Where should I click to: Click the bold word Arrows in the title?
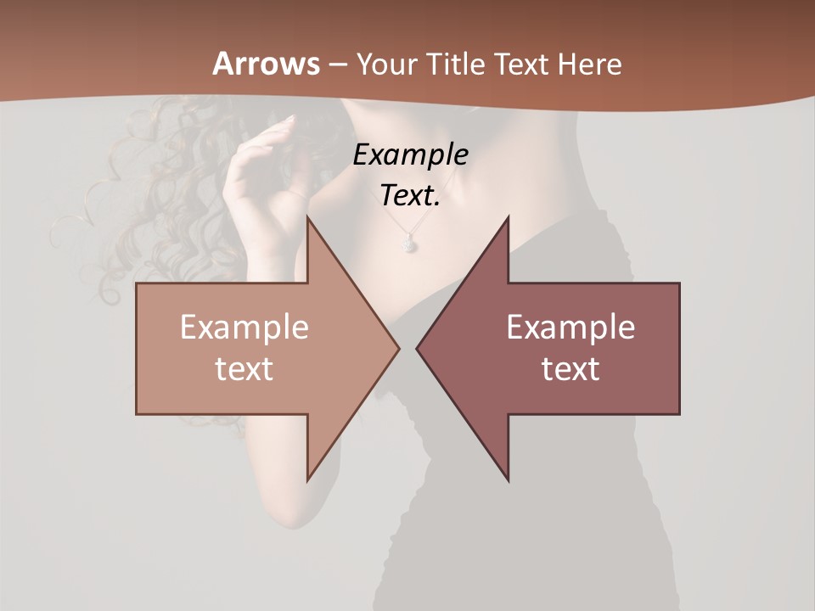pos(266,64)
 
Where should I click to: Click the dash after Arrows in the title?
pos(337,64)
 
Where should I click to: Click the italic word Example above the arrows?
pos(410,154)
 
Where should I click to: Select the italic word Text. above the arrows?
pos(410,195)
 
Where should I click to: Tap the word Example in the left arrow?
pos(244,328)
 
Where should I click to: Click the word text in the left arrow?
pos(244,369)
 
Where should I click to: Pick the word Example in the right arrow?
pos(570,328)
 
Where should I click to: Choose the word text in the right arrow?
pos(570,369)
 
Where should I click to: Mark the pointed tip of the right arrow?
pos(418,348)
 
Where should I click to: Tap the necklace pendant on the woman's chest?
pos(408,244)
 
